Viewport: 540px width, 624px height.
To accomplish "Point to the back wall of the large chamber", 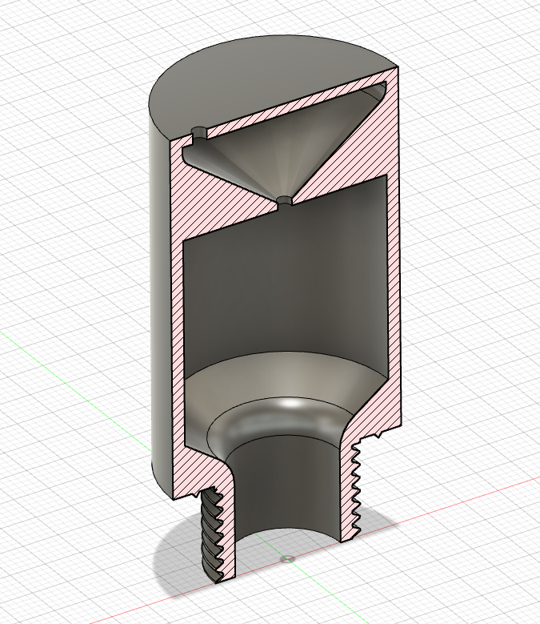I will pos(288,280).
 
